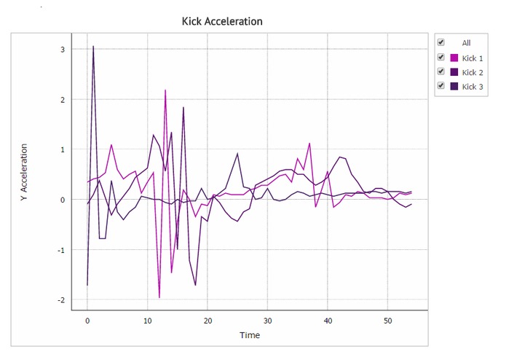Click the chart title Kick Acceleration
point(222,21)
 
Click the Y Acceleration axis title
point(24,171)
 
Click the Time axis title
point(250,335)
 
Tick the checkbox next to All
point(440,42)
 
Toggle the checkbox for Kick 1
point(440,57)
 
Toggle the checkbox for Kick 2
point(440,71)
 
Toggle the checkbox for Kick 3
point(440,86)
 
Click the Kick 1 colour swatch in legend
point(454,58)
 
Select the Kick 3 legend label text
point(473,87)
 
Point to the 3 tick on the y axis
point(63,50)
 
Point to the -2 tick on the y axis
point(61,300)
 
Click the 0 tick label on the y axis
point(63,200)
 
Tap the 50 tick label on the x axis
point(388,320)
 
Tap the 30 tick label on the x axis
point(267,320)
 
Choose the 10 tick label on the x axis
point(147,320)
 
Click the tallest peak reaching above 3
point(93,47)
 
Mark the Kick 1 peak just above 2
point(165,90)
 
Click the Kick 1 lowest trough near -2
point(159,297)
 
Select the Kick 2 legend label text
point(473,72)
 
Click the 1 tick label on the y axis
point(63,149)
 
